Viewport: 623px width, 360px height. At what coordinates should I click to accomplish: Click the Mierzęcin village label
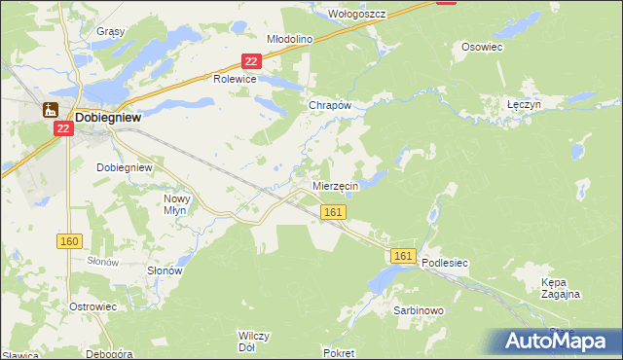point(336,185)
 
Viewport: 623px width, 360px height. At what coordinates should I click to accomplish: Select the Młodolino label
point(289,39)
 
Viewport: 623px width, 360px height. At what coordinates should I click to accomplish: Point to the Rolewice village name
point(235,80)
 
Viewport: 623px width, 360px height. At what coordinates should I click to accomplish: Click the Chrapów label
point(328,104)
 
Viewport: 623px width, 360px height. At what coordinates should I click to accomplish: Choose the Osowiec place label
point(481,46)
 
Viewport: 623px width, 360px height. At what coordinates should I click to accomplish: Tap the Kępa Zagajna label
point(561,287)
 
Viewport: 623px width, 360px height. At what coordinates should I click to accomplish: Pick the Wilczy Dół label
point(253,341)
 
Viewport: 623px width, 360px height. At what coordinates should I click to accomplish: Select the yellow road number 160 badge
point(70,241)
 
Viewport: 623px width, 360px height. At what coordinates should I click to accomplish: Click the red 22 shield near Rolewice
point(251,61)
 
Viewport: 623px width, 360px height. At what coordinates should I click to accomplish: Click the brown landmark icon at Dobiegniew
point(51,110)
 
